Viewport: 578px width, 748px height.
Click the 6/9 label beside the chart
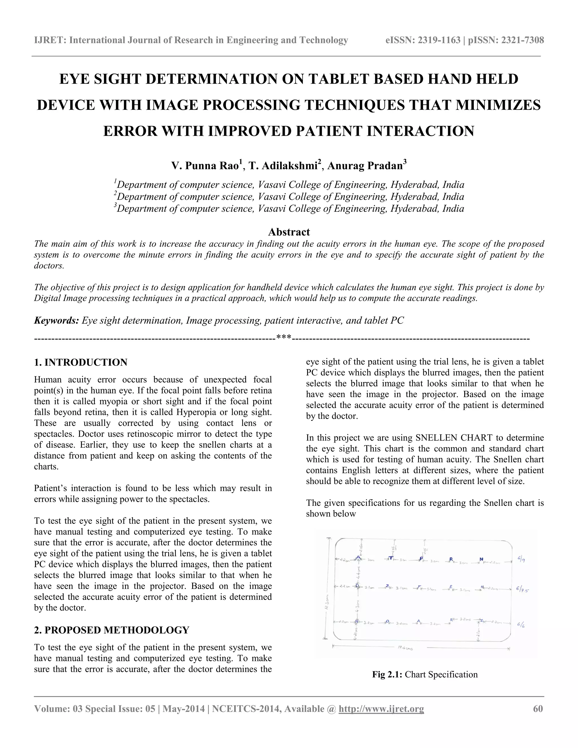point(522,560)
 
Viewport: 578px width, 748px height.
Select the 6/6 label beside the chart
point(521,624)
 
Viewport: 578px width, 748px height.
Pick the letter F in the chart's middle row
point(419,587)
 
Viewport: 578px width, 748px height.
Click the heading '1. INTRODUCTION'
point(80,362)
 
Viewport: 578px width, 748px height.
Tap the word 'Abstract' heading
point(289,232)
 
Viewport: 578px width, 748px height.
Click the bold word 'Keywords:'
point(56,321)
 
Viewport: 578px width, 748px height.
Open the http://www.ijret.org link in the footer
point(381,708)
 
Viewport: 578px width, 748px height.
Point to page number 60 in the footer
point(538,708)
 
